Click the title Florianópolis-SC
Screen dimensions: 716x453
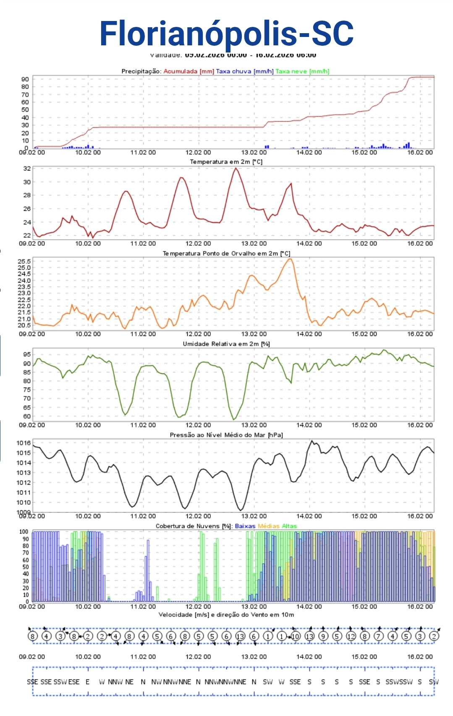point(226,34)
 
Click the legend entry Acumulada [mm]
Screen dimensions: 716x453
point(189,71)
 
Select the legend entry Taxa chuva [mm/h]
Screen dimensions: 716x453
point(244,71)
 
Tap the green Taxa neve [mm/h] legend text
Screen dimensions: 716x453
point(302,71)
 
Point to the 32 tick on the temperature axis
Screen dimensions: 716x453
point(27,168)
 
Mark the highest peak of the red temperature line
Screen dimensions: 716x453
point(236,168)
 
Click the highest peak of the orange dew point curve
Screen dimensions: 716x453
point(290,259)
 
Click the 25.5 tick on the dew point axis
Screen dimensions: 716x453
point(24,261)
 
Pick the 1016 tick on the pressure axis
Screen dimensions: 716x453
point(24,443)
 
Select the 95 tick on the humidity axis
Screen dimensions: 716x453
point(27,354)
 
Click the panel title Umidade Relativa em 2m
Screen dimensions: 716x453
point(226,344)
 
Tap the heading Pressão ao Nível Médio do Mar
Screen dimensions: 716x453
point(226,435)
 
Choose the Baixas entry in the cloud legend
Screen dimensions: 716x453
point(245,526)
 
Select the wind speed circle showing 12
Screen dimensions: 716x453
point(351,636)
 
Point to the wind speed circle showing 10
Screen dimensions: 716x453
point(296,636)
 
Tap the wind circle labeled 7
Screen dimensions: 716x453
point(378,636)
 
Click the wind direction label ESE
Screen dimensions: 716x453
point(74,682)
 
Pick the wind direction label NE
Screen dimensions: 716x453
point(129,682)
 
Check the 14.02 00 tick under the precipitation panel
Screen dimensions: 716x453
point(309,152)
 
